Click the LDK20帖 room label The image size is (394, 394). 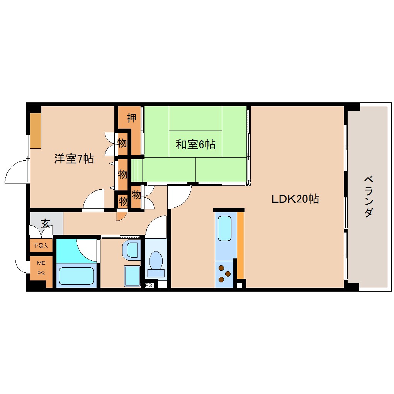295,199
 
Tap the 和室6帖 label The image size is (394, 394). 195,145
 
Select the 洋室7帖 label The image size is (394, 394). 73,159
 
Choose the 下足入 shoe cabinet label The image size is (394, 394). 40,245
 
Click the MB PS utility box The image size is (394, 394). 41,267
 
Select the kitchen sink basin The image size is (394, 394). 224,228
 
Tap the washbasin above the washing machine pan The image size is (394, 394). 132,250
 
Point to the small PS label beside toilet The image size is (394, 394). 149,286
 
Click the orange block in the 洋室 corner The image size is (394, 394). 36,131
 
